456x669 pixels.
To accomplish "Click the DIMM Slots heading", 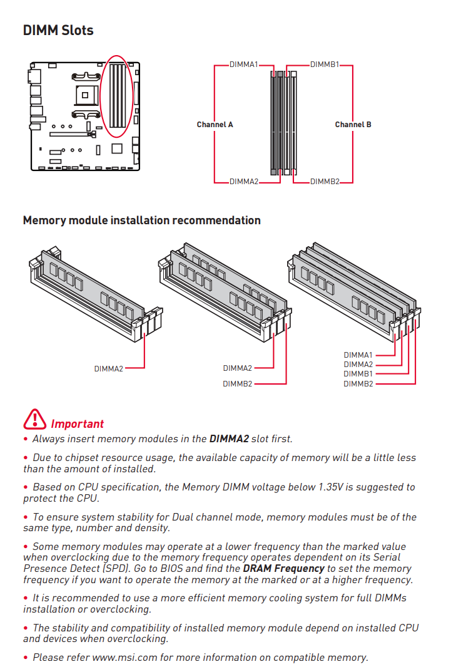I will point(58,30).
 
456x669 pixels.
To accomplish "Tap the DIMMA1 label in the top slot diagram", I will point(243,65).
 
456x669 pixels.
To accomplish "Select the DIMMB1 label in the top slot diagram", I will point(324,65).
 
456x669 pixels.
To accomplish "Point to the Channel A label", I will point(215,125).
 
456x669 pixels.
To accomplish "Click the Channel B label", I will point(353,125).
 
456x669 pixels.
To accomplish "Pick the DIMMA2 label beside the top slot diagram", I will point(243,182).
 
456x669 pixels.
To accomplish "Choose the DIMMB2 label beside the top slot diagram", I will point(324,182).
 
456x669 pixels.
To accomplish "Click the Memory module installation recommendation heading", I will point(141,220).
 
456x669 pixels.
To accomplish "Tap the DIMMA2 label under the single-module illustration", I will point(109,369).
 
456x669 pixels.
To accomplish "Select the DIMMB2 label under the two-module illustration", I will point(237,384).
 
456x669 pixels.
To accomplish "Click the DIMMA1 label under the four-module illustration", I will point(358,355).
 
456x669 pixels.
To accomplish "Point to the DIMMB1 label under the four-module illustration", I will point(358,374).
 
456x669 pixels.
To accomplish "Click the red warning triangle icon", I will point(35,419).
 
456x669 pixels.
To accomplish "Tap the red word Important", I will point(77,425).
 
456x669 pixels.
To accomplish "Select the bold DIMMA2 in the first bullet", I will point(228,439).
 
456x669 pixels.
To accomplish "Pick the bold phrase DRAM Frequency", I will point(283,569).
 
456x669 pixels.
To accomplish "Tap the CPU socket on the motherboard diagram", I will point(85,95).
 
